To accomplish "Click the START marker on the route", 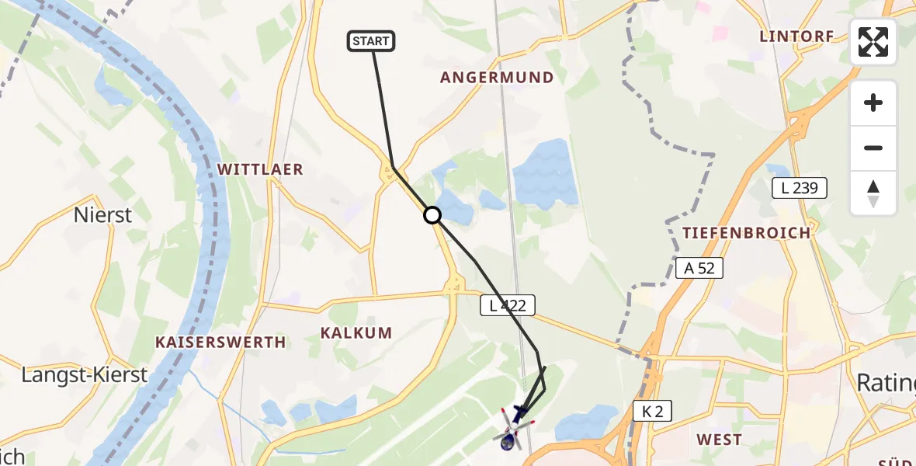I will coord(372,41).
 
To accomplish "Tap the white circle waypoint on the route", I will coord(432,215).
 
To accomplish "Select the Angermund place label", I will coord(497,78).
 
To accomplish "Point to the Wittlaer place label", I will coord(260,169).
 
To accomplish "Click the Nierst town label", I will coord(103,215).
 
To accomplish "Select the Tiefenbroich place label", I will coord(746,232).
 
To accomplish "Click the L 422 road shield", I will coord(508,305).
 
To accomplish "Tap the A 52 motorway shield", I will coord(699,268).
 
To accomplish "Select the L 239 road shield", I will coord(800,187).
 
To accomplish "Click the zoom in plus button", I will coord(873,103).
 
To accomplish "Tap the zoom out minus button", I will coord(873,148).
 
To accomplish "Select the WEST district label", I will coord(719,440).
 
